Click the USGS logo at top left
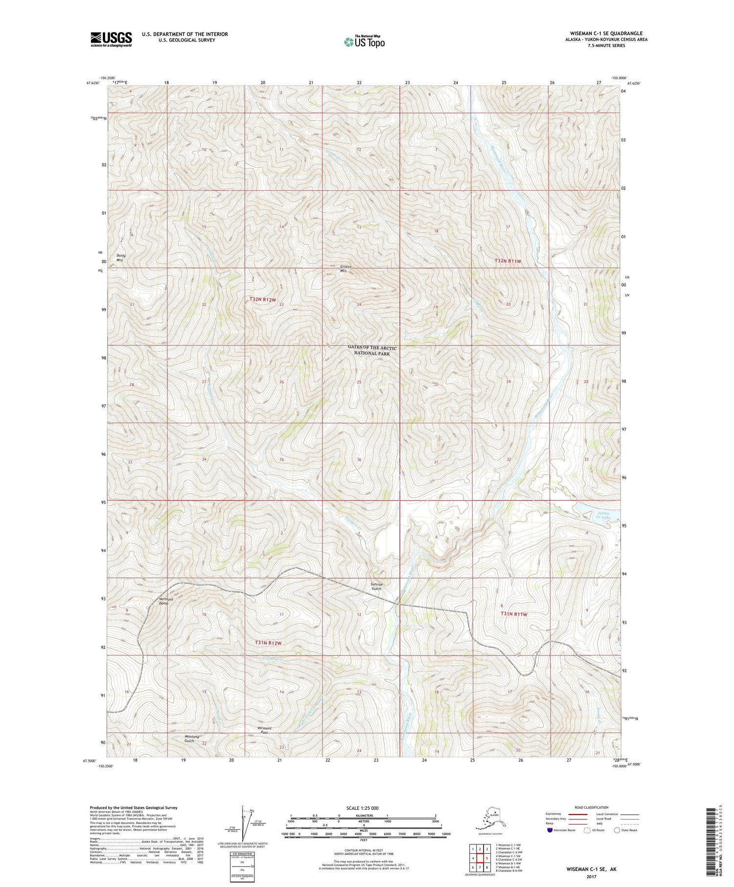(111, 39)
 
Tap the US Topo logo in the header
(364, 41)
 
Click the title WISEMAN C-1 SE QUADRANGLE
(606, 34)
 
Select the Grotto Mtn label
(346, 269)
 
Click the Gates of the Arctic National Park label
(372, 350)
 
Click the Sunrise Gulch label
(376, 586)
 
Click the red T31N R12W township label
(269, 643)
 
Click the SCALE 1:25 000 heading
(362, 808)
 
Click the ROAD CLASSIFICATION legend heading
(591, 807)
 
